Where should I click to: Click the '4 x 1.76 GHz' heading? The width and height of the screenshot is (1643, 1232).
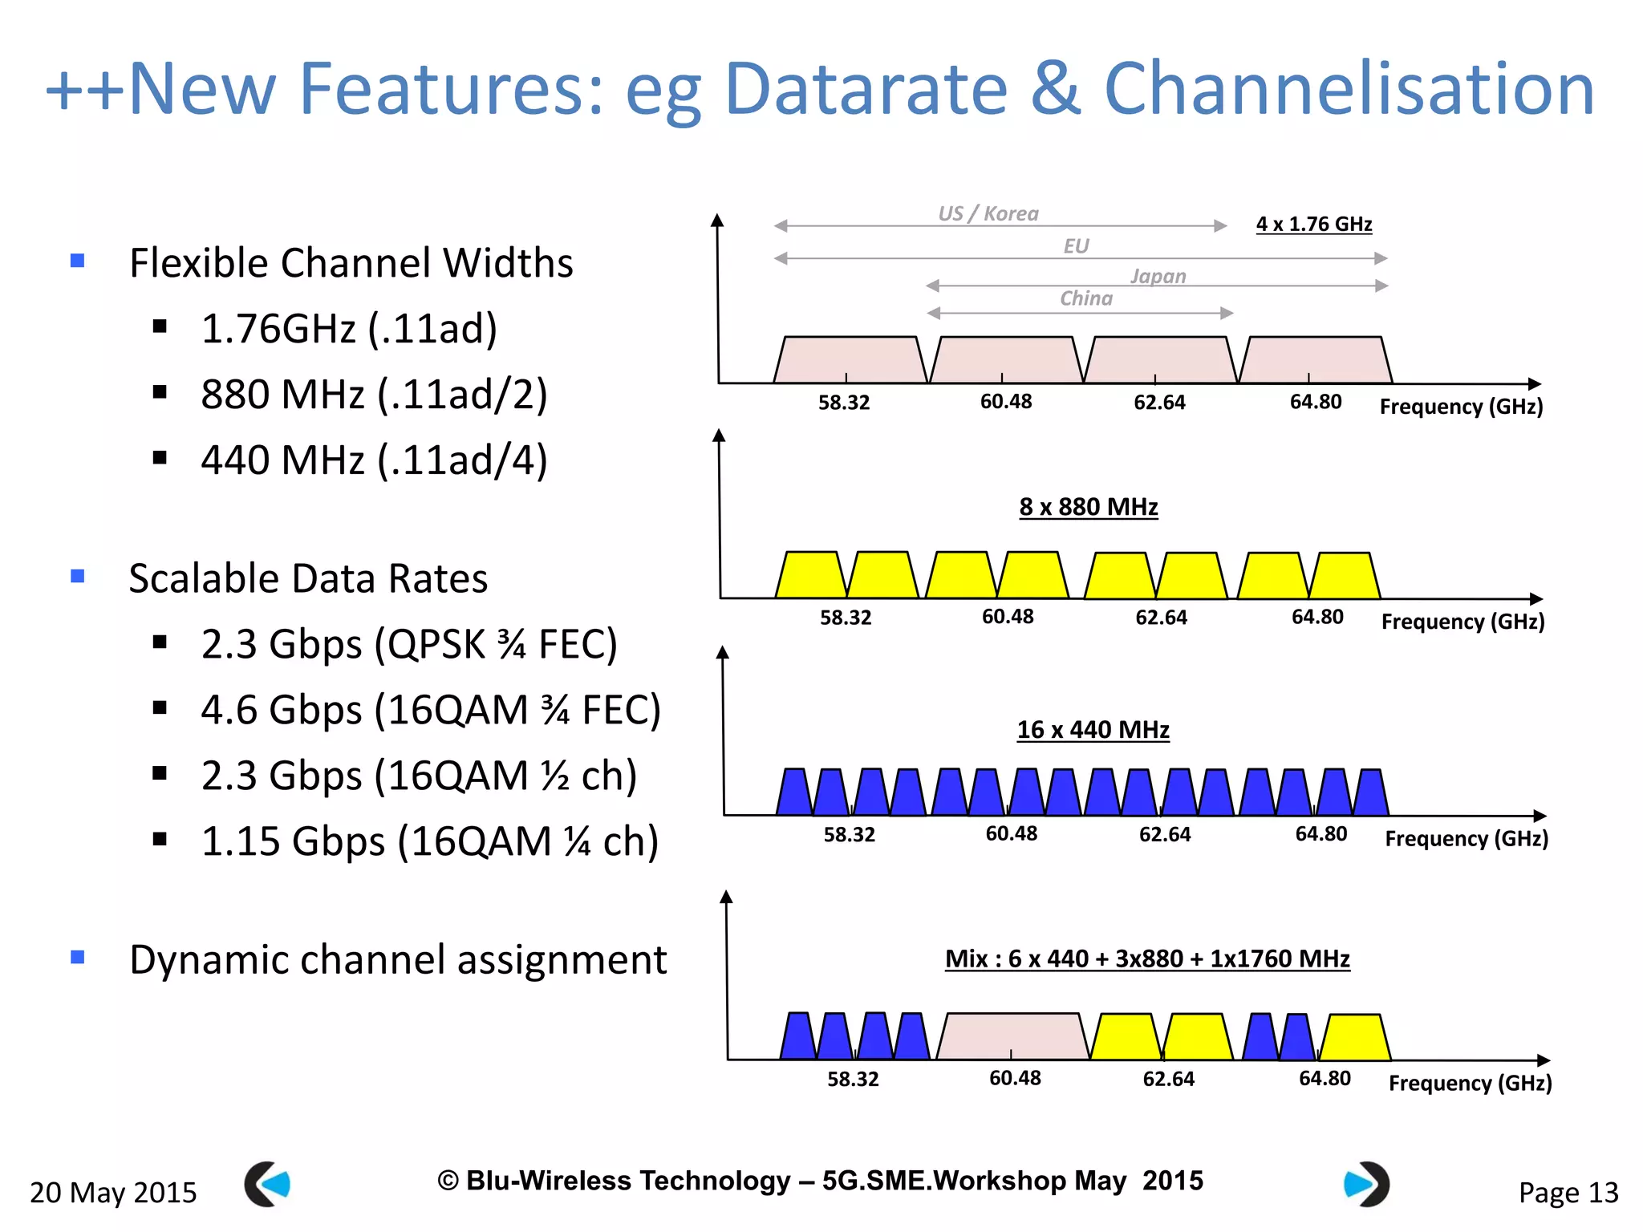click(1313, 224)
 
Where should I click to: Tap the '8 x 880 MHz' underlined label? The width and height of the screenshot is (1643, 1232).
click(1088, 507)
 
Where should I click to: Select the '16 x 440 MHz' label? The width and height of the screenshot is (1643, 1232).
click(1093, 730)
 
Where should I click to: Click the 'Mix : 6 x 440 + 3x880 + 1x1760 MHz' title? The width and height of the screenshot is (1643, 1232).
click(1147, 958)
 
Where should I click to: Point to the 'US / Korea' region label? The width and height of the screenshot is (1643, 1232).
click(988, 213)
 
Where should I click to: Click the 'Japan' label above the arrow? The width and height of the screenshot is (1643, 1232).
click(1158, 276)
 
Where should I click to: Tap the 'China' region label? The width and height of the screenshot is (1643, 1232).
click(1086, 298)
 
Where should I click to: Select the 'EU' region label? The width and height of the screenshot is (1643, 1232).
click(1076, 246)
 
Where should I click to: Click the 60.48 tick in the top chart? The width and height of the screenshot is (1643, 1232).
click(1005, 401)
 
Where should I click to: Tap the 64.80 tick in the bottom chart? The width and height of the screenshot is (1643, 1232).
click(1325, 1078)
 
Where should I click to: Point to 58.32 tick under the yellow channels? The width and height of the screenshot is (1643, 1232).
click(846, 618)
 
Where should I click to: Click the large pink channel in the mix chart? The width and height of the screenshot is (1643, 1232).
click(1012, 1035)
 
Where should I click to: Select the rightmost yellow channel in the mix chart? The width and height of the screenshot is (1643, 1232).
click(1355, 1038)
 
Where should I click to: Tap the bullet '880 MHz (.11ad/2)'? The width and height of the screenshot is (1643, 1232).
click(374, 394)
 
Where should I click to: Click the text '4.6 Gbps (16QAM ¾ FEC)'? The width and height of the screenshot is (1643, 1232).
click(431, 710)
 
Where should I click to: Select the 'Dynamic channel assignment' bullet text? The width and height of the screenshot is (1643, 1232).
click(398, 959)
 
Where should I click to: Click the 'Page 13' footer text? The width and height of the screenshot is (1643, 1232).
click(1568, 1193)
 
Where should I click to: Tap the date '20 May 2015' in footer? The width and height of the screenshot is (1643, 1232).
click(113, 1193)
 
